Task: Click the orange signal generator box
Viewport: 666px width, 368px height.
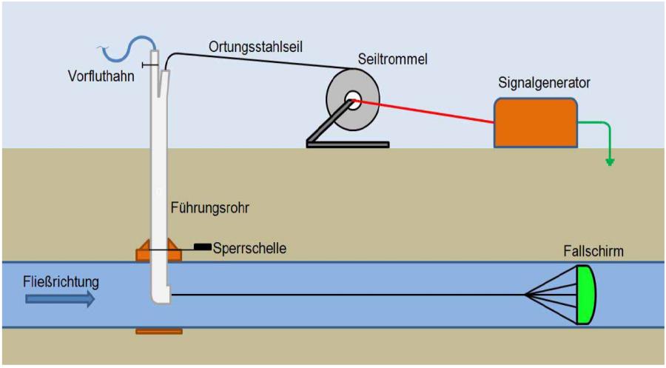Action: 536,122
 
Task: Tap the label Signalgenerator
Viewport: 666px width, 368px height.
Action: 544,81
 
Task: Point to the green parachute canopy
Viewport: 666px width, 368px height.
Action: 586,295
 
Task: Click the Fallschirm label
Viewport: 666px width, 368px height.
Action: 591,252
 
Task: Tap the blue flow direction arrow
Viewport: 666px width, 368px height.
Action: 59,298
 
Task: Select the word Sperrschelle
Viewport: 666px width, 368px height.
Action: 249,249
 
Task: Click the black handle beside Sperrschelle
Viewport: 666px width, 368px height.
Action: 202,246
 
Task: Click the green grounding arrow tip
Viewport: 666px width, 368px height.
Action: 610,162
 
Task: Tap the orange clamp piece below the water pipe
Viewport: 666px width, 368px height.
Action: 159,331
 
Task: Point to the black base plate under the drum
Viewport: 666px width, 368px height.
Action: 348,143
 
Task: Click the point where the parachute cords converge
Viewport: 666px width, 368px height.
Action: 526,295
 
